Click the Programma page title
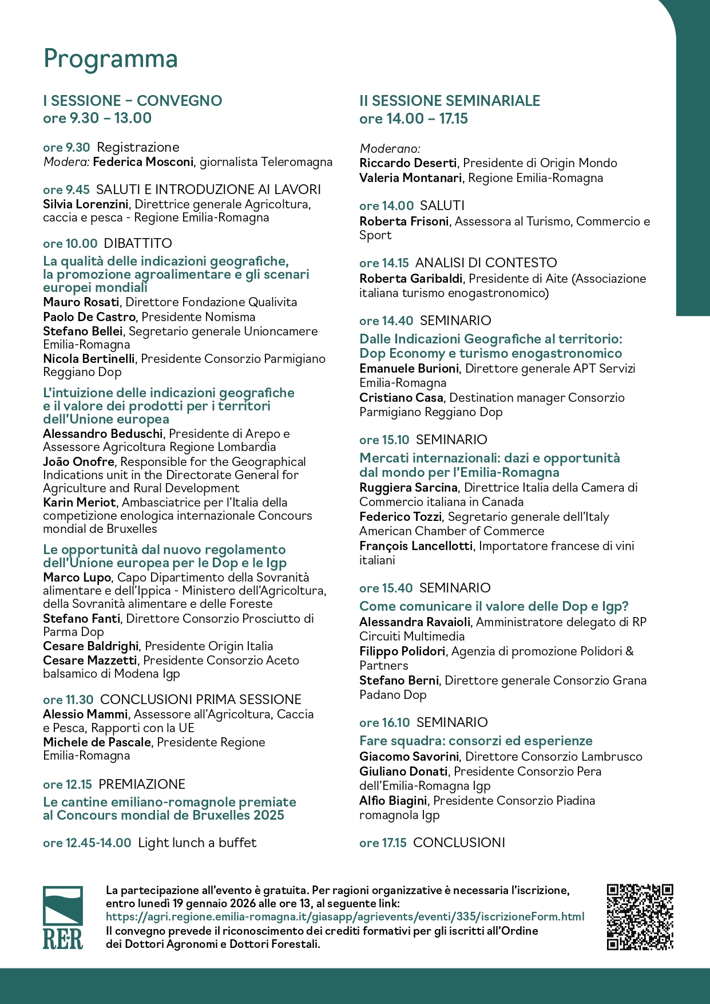[x=110, y=59]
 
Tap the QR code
[x=640, y=917]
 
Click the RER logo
[x=62, y=917]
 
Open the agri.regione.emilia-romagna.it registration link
[x=345, y=916]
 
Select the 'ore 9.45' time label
[x=66, y=190]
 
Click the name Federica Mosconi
[x=143, y=162]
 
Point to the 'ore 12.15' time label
[x=68, y=784]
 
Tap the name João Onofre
[x=79, y=461]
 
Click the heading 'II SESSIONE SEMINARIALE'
[x=450, y=101]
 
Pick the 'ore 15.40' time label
[x=386, y=588]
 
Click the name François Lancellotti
[x=416, y=546]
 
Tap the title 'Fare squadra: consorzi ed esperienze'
[x=476, y=741]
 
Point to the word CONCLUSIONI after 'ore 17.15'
[x=459, y=843]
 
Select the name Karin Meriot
[x=80, y=503]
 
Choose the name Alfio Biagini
[x=393, y=800]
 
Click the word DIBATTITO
[x=138, y=243]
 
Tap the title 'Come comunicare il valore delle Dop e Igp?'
[x=494, y=606]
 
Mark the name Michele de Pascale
[x=97, y=742]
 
